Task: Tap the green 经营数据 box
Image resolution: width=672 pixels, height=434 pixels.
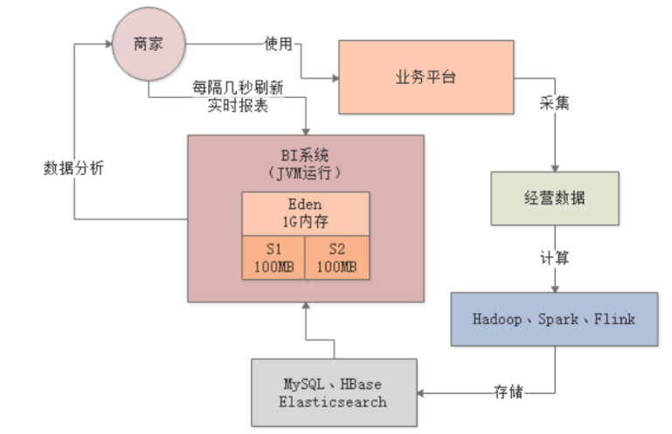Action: pyautogui.click(x=554, y=198)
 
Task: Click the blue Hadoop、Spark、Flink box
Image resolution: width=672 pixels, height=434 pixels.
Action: pyautogui.click(x=554, y=318)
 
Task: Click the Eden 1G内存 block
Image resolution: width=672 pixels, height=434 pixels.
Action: pyautogui.click(x=305, y=213)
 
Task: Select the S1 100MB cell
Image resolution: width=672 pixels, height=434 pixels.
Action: pyautogui.click(x=274, y=257)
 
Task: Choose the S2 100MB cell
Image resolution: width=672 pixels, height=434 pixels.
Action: pyautogui.click(x=336, y=257)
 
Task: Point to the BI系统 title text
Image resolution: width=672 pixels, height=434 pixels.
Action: pyautogui.click(x=305, y=154)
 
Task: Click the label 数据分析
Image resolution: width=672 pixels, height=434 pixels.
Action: pyautogui.click(x=73, y=168)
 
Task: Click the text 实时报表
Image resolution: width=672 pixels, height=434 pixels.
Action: pyautogui.click(x=238, y=106)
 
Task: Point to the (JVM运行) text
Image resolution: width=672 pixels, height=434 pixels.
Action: pyautogui.click(x=305, y=171)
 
